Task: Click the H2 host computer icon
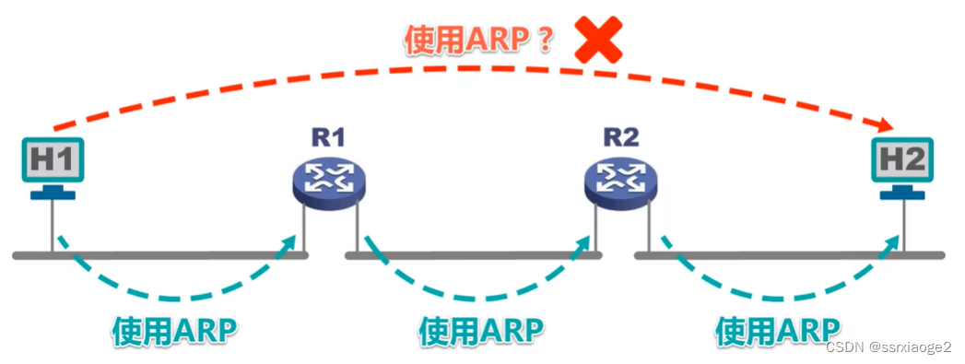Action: tap(903, 162)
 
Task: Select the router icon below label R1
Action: tap(327, 179)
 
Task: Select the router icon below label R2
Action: tap(620, 179)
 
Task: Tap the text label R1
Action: tap(327, 138)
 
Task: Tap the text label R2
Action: tap(620, 138)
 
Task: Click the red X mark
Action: tap(598, 40)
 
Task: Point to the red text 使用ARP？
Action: tap(477, 40)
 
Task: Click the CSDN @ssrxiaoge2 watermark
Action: tap(889, 346)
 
